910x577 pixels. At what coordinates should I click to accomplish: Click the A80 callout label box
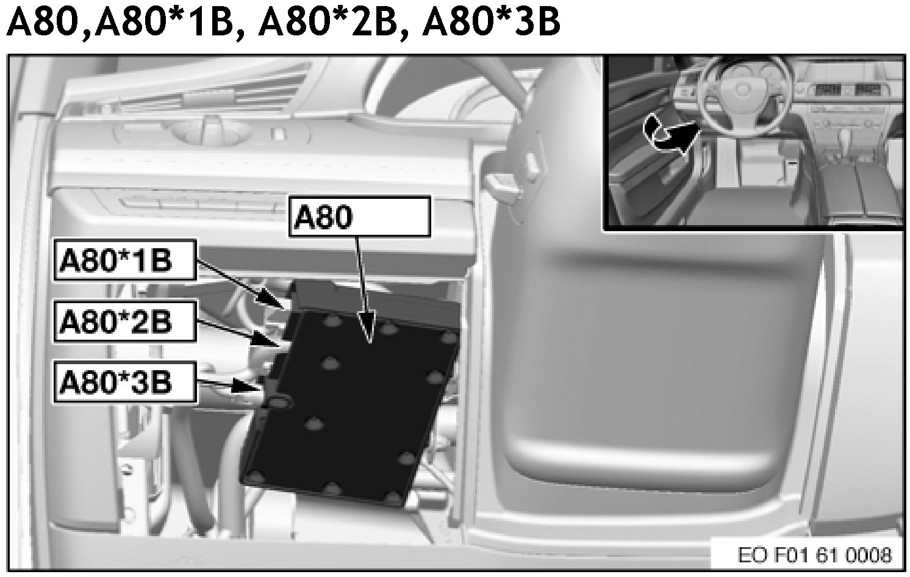click(359, 217)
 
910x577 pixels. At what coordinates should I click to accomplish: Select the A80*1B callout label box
click(125, 260)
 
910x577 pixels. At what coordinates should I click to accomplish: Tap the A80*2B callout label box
click(125, 321)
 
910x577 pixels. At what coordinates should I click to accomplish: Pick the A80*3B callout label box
click(125, 383)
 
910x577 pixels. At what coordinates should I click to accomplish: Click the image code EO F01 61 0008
click(814, 555)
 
